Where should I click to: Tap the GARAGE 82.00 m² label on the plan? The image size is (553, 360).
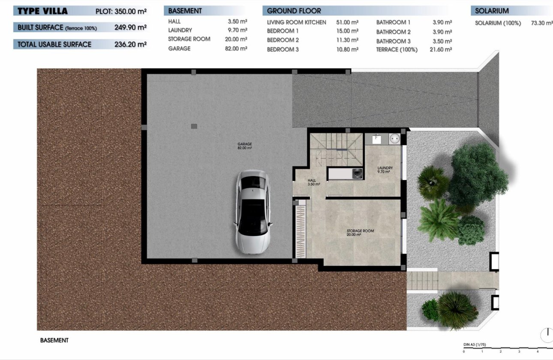(x=244, y=146)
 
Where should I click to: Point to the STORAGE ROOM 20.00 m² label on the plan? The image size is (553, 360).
(x=360, y=233)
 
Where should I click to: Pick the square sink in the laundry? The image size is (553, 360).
(x=377, y=139)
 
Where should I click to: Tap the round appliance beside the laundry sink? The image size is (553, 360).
(x=394, y=139)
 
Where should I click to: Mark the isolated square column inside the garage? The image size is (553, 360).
(x=194, y=126)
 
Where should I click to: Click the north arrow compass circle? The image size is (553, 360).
(x=547, y=335)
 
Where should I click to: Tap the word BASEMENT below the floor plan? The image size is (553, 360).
(x=54, y=340)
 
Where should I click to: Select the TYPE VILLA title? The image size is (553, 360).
(x=43, y=11)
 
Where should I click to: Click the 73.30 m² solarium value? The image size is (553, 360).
(x=542, y=23)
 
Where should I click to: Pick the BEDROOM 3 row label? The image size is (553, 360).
(x=283, y=49)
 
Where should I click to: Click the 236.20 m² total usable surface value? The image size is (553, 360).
(x=130, y=44)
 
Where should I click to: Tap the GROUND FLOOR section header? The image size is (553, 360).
(x=294, y=11)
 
